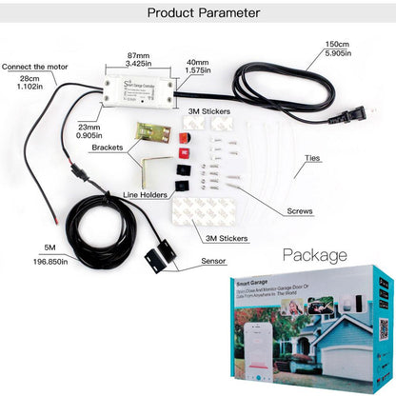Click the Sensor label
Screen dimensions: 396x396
pyautogui.click(x=214, y=259)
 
